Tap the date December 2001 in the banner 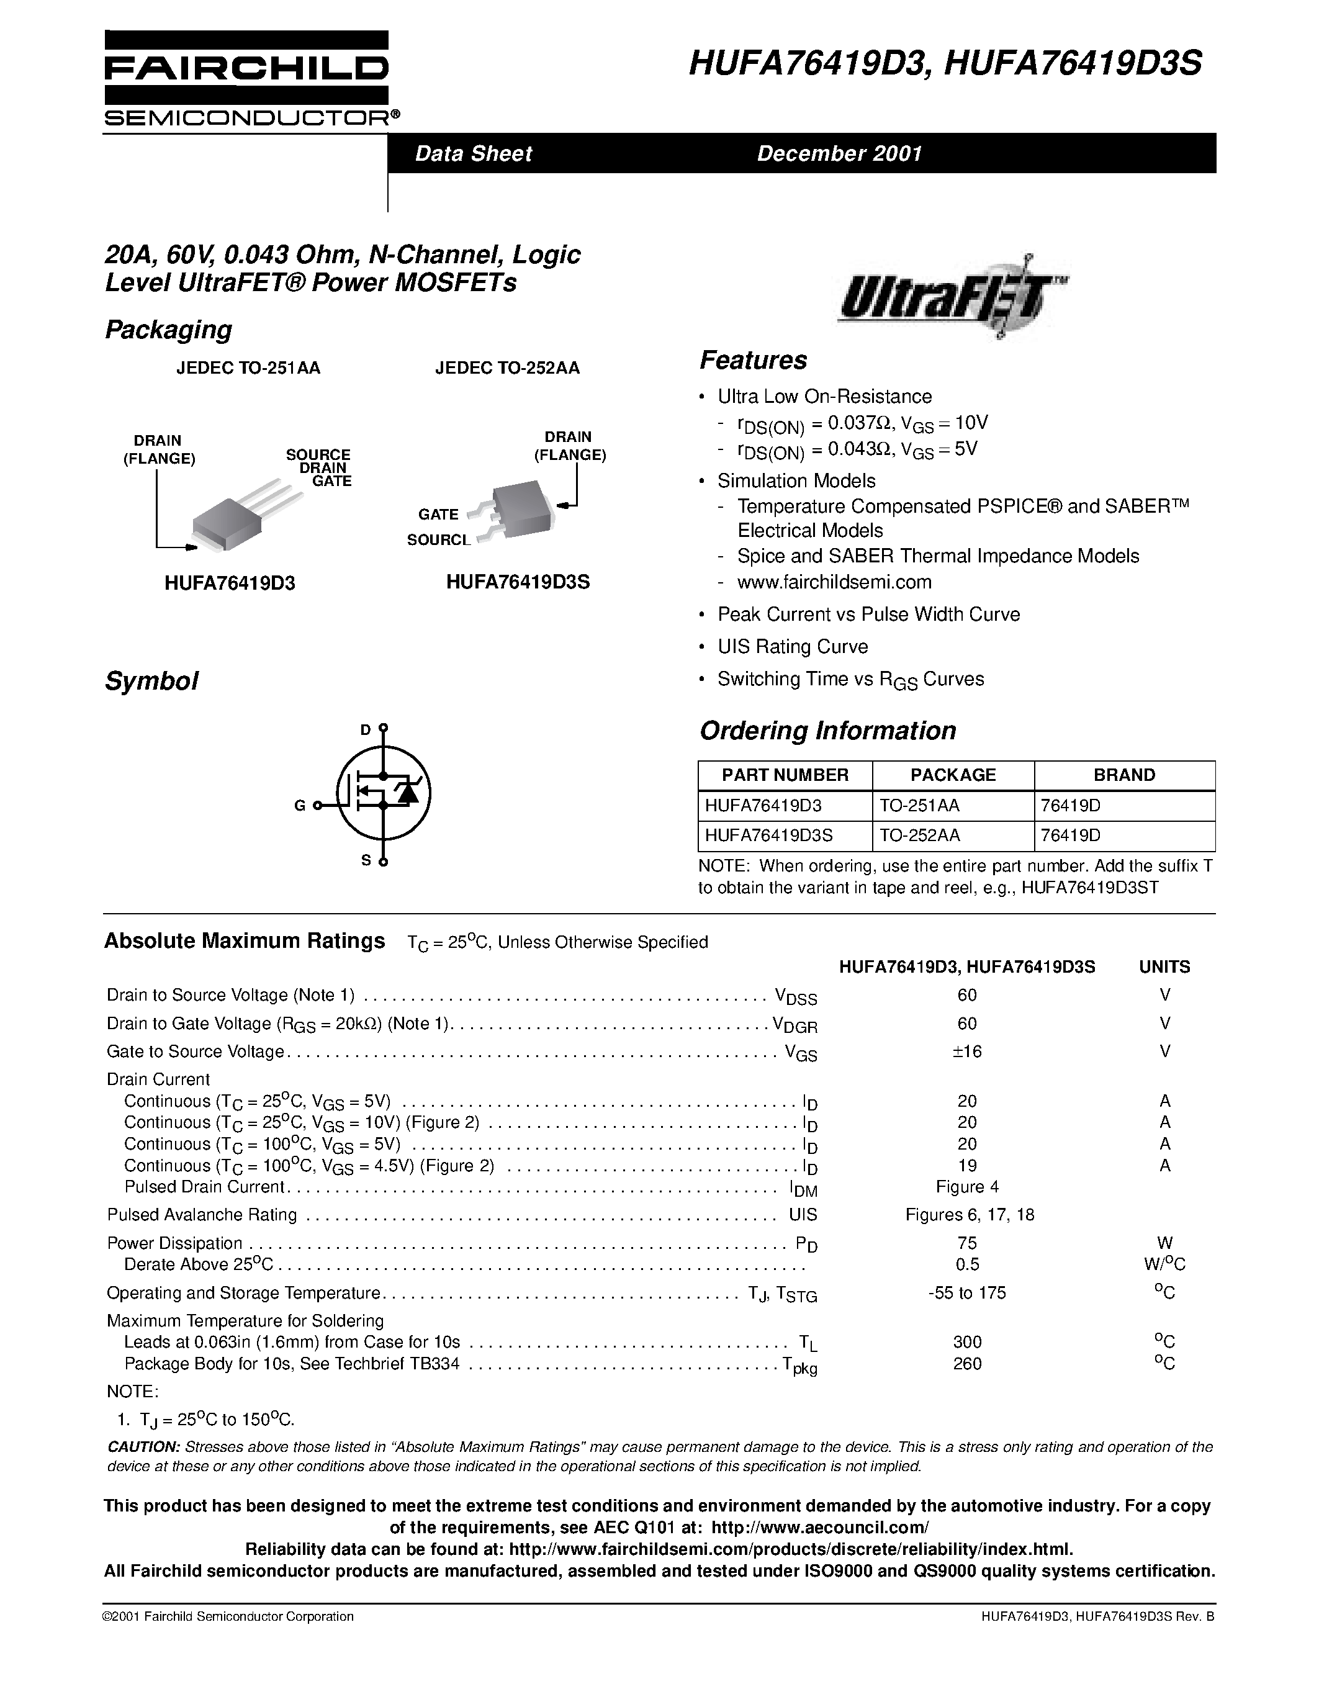pos(839,153)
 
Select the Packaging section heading pos(168,330)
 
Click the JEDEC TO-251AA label pos(248,368)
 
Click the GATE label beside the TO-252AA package pos(438,515)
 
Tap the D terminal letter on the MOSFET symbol pos(365,730)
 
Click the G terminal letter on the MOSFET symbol pos(299,806)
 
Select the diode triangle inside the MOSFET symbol pos(407,793)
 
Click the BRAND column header pos(1123,775)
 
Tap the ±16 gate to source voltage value pos(966,1052)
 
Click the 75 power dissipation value pos(966,1243)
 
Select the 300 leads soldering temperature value pos(966,1342)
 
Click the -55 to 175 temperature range pos(966,1293)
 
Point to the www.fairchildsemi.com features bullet pos(834,582)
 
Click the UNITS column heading pos(1163,967)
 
